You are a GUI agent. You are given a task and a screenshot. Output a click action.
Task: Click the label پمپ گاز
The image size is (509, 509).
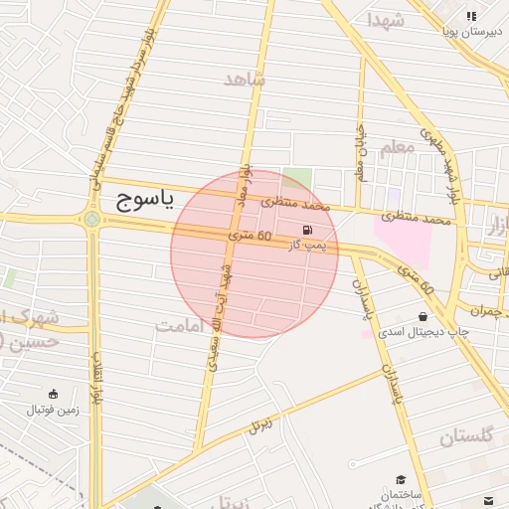307,244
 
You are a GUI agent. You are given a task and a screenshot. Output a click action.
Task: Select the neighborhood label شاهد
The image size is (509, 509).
245,80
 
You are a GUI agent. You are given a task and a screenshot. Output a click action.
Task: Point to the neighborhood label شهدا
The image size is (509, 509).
385,20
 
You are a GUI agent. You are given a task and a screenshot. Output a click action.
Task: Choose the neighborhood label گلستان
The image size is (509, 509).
466,436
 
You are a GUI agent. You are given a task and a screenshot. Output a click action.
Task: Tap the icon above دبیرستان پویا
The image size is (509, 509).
472,16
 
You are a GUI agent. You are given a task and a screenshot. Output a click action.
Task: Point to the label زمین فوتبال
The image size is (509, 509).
52,408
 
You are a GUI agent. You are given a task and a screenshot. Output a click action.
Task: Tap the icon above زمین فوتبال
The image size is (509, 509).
52,394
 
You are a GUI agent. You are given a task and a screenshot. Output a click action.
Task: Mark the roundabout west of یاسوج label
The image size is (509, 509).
91,220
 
